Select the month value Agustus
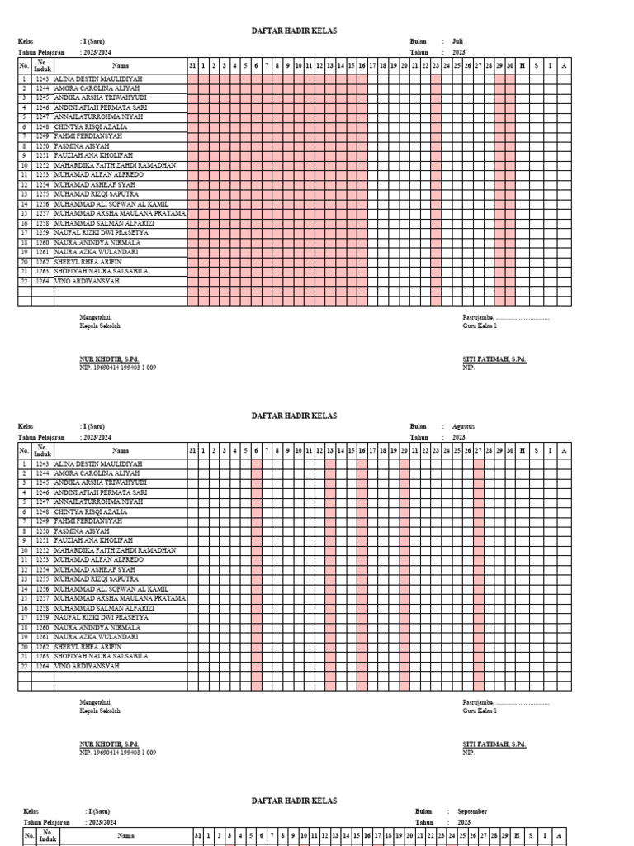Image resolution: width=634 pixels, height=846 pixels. [x=464, y=426]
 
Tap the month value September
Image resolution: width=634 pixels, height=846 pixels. [x=472, y=812]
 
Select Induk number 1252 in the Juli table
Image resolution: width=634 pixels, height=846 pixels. [x=42, y=165]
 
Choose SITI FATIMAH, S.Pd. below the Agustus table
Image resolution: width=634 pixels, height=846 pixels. [x=494, y=744]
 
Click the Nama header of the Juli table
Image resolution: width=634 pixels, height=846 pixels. [x=121, y=64]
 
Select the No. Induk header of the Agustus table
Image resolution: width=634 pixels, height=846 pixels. [x=42, y=450]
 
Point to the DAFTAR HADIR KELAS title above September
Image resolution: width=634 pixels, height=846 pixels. [x=294, y=801]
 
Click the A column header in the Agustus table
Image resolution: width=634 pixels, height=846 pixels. [x=564, y=450]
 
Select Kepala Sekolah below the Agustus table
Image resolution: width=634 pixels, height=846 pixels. [x=100, y=711]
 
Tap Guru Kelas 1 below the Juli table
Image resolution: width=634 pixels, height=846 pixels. [x=480, y=326]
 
